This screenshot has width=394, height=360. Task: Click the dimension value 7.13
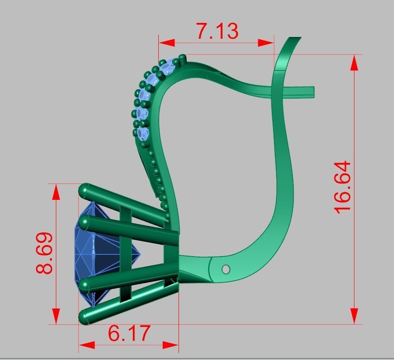(x=217, y=31)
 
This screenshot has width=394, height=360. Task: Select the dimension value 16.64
(x=343, y=187)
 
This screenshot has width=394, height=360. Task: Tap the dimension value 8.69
(x=45, y=253)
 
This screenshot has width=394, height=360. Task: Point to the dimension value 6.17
(x=129, y=334)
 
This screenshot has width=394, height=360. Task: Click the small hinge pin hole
(x=226, y=269)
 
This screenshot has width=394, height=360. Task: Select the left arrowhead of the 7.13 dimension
(x=166, y=43)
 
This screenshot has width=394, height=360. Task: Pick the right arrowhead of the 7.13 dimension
(x=266, y=43)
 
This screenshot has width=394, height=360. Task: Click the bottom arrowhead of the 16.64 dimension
(x=354, y=316)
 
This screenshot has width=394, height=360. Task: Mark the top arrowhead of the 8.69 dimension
(x=56, y=192)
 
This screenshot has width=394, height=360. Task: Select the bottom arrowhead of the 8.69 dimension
(x=56, y=316)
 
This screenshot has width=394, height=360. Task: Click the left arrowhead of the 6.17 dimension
(x=87, y=345)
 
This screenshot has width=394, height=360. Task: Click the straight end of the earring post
(x=312, y=92)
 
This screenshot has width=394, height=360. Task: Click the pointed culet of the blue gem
(x=139, y=253)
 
